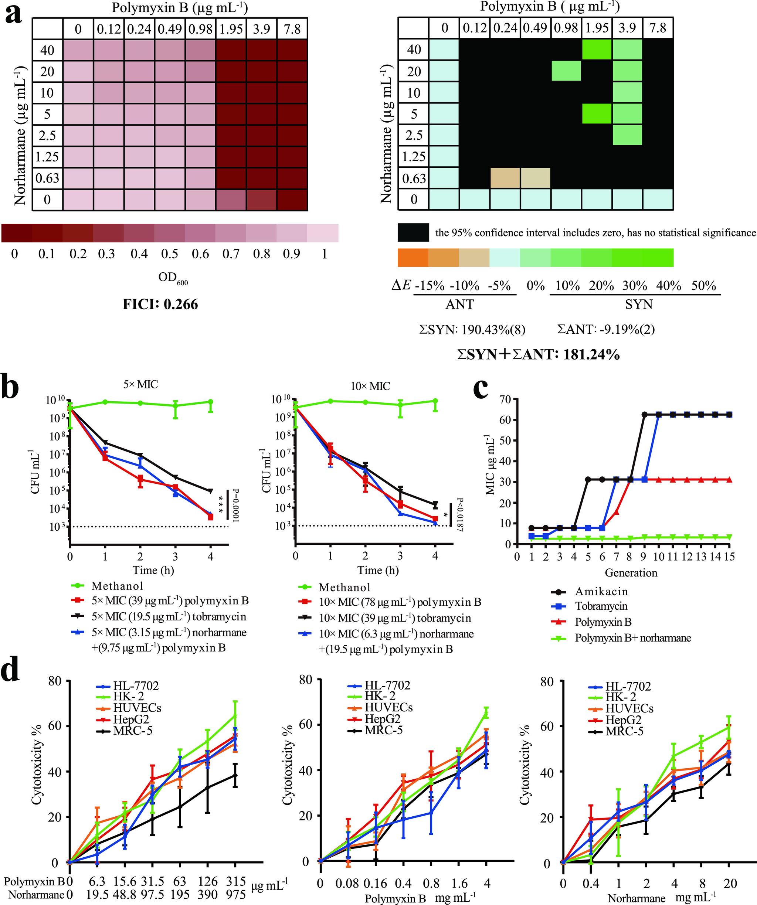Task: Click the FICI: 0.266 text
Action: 160,304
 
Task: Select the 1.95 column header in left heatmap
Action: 231,29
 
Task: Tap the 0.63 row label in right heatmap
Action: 414,178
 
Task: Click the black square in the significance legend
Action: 413,232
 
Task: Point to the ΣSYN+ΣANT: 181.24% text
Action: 539,355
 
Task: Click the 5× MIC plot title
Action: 140,384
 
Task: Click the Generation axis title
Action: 631,573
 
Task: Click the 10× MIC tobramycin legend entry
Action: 394,618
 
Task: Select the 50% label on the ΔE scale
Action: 703,286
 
